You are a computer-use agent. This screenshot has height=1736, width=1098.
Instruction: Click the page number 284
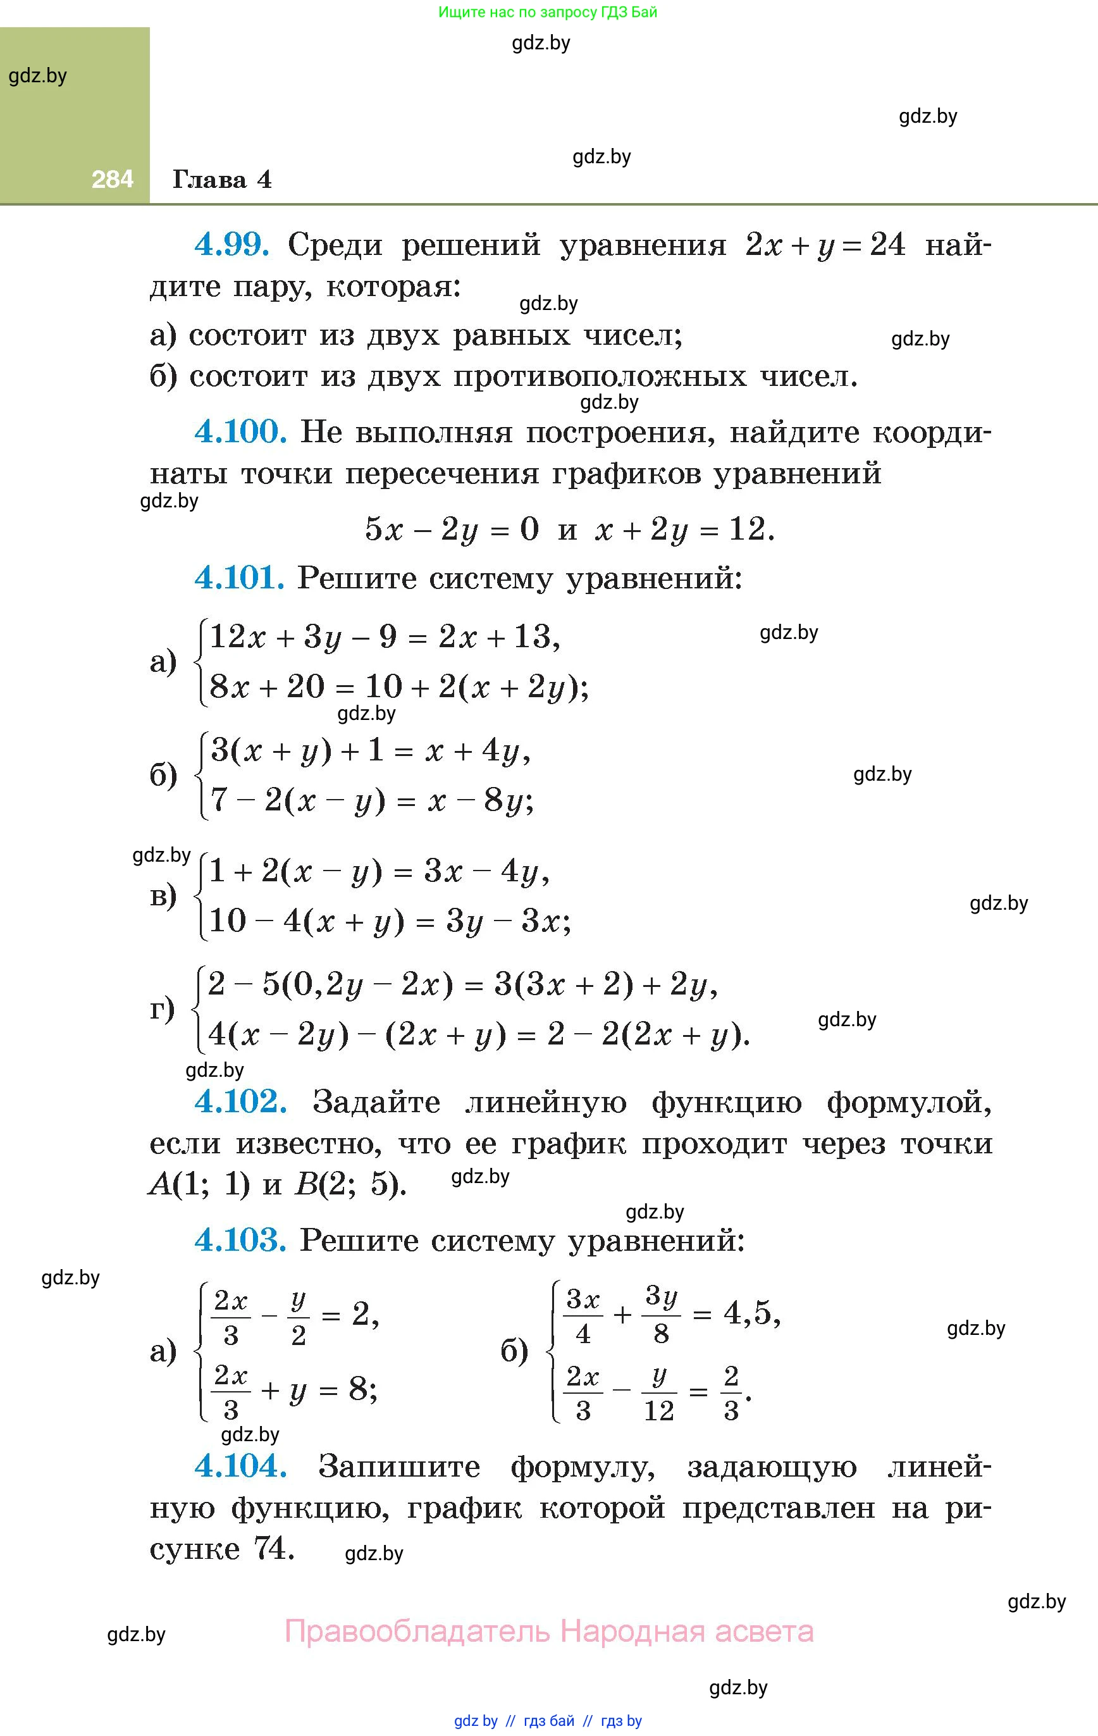(x=113, y=179)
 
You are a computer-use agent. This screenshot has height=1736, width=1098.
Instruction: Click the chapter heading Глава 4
(x=222, y=179)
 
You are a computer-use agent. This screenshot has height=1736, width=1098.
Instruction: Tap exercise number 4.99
(x=232, y=245)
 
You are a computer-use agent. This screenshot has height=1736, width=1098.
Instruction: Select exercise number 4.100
(x=241, y=432)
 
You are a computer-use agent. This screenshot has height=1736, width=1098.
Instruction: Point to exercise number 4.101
(x=239, y=578)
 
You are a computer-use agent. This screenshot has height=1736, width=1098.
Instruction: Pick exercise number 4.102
(x=241, y=1101)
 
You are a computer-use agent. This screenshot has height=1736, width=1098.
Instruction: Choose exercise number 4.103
(x=241, y=1240)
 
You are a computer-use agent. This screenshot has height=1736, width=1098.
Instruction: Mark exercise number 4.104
(x=241, y=1466)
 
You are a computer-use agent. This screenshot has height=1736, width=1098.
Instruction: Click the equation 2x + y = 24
(x=825, y=245)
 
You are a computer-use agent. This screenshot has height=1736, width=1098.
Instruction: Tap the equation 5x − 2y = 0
(x=452, y=530)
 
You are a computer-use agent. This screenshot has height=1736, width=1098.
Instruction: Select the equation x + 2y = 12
(x=684, y=530)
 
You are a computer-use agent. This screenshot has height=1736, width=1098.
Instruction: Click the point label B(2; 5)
(x=350, y=1184)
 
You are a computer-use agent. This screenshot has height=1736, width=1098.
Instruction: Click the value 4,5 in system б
(x=752, y=1314)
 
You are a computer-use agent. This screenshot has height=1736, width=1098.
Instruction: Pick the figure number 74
(x=273, y=1548)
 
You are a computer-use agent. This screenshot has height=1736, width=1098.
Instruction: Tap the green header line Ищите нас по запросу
(x=548, y=12)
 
